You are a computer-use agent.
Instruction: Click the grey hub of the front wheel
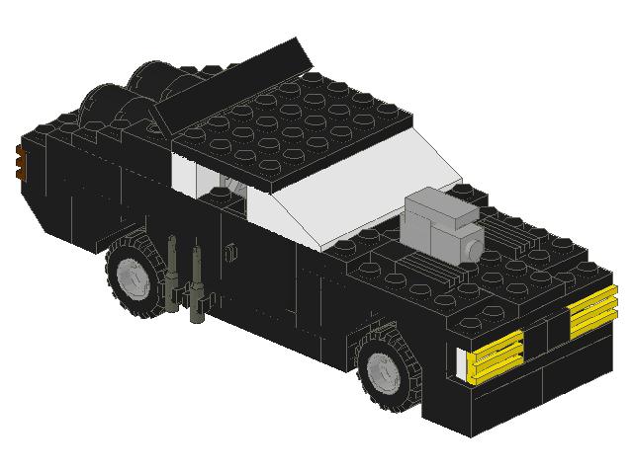382,370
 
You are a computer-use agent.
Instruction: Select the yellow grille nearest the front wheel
495,356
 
